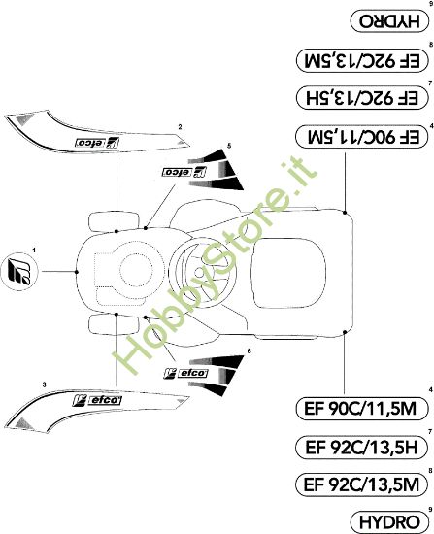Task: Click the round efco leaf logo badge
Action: click(x=19, y=272)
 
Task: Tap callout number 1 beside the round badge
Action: click(x=34, y=250)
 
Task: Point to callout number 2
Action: click(x=180, y=127)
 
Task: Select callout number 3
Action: click(x=44, y=384)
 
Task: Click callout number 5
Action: click(x=229, y=146)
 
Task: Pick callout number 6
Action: click(x=249, y=350)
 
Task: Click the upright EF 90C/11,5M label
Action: click(x=361, y=408)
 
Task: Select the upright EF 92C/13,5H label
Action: click(x=361, y=447)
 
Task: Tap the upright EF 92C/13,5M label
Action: click(x=361, y=484)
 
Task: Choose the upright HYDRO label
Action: click(x=389, y=521)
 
